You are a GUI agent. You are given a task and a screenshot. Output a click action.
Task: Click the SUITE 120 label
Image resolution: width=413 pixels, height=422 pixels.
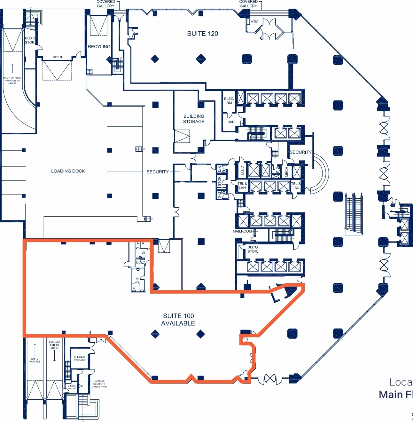click(x=203, y=34)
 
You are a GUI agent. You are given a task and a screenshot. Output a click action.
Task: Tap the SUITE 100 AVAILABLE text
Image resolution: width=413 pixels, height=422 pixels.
click(x=178, y=320)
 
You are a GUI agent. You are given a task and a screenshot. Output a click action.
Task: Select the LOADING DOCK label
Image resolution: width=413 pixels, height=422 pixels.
click(x=68, y=171)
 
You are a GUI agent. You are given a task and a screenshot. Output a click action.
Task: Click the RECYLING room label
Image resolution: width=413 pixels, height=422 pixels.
click(x=99, y=47)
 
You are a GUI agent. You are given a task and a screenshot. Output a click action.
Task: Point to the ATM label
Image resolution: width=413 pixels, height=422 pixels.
click(x=254, y=22)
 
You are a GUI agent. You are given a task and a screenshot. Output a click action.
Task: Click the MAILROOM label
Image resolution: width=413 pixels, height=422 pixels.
click(x=242, y=231)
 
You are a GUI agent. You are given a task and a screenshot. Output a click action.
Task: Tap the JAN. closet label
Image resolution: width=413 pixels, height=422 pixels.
click(x=232, y=122)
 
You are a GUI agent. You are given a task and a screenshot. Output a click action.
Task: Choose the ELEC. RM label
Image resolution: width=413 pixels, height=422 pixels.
click(x=229, y=101)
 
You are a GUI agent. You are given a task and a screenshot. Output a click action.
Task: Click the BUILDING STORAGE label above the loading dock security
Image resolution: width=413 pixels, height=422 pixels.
click(x=194, y=119)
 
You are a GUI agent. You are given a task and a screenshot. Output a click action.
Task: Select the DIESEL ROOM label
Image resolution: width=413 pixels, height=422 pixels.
click(x=72, y=387)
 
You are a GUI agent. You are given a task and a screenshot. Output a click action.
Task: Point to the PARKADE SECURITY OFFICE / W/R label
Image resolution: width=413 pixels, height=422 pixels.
click(x=99, y=384)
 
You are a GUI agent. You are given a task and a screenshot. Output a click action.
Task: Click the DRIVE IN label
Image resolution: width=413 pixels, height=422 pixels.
click(x=57, y=57)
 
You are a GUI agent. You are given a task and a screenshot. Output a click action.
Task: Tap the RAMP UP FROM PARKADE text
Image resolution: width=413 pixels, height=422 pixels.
click(x=12, y=80)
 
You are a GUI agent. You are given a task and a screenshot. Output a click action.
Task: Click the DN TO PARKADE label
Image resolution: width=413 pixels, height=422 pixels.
click(x=35, y=360)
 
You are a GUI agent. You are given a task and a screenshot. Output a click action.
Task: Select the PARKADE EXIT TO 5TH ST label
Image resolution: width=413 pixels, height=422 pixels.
click(x=54, y=345)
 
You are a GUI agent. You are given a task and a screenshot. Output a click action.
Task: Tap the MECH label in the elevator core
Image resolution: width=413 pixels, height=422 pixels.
click(x=286, y=172)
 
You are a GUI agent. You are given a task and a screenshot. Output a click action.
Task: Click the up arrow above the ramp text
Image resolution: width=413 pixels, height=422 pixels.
click(x=12, y=68)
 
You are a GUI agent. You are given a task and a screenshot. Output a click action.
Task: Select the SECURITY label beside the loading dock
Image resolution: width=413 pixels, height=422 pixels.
click(x=158, y=172)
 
